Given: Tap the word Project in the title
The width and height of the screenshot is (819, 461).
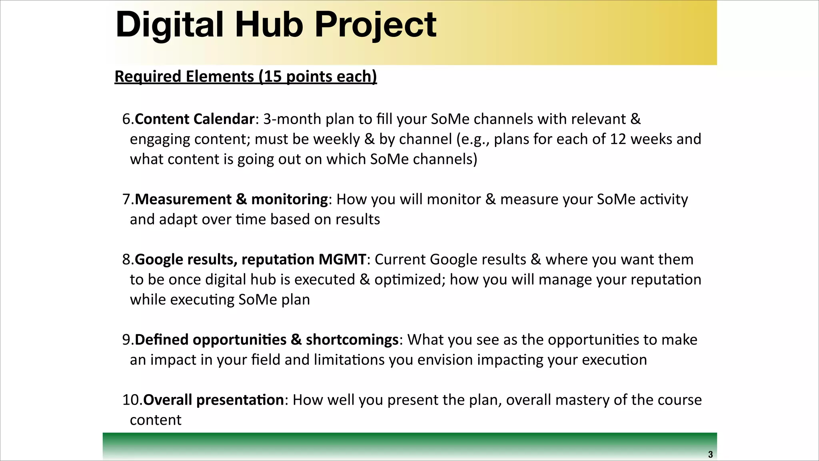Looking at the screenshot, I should [376, 25].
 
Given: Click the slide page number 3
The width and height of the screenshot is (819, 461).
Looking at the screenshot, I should [710, 455].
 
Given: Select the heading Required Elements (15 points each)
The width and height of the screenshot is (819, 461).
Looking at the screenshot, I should [246, 76].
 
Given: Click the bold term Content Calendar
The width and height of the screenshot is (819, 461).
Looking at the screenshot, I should [194, 119].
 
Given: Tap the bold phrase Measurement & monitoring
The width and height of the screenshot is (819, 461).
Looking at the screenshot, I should [231, 199].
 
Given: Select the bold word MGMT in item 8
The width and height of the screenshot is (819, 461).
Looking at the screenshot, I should [342, 260].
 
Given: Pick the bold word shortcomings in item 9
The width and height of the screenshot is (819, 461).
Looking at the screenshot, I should [352, 340].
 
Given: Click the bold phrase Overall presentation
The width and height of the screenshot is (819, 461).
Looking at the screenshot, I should [214, 400].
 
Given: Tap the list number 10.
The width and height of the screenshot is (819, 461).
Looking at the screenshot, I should [132, 400].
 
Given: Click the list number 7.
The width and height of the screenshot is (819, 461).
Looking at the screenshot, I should [128, 199].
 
